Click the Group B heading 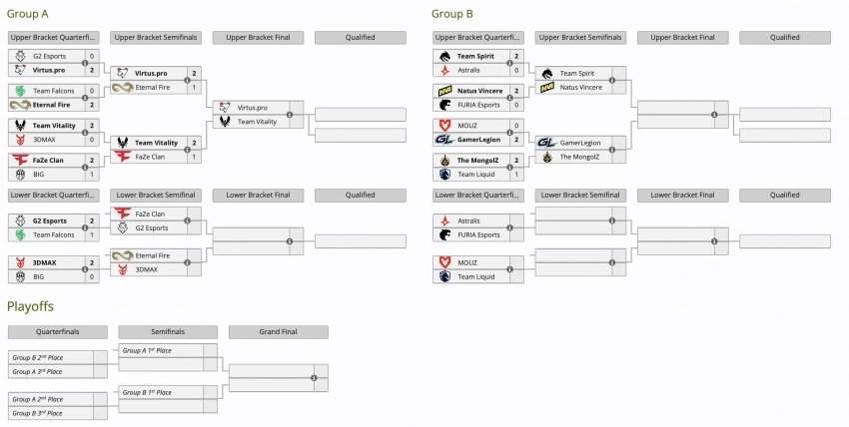pos(451,14)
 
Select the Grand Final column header pos(278,331)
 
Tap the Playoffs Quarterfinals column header pos(58,331)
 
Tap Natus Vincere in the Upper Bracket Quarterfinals pos(481,90)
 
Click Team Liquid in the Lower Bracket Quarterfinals pos(475,276)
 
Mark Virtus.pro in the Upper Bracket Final pos(251,107)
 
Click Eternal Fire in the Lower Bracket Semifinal pos(151,255)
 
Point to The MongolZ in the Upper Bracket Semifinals pos(579,157)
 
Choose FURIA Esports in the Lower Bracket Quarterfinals pos(479,234)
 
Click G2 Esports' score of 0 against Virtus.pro pos(92,56)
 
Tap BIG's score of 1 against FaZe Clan pos(92,174)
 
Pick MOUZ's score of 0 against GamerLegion pos(516,125)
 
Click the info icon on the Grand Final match pos(314,378)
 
